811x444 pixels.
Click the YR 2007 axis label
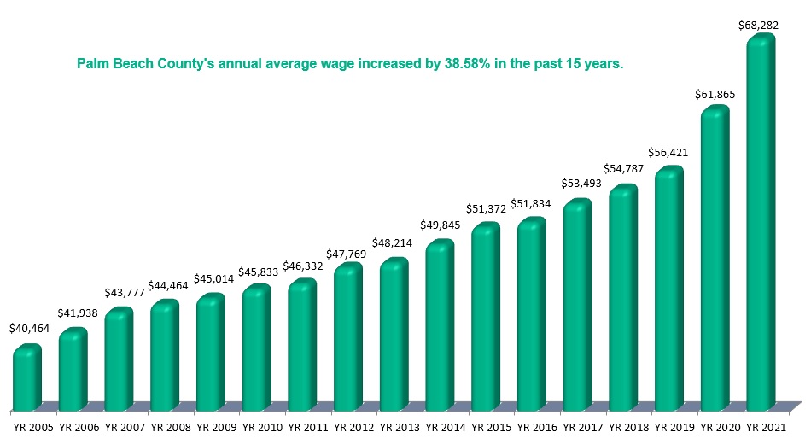pyautogui.click(x=120, y=425)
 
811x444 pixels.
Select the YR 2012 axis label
pyautogui.click(x=347, y=425)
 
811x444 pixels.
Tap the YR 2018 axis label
pyautogui.click(x=623, y=425)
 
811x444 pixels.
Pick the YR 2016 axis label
pyautogui.click(x=532, y=425)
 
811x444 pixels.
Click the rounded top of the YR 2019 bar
pyautogui.click(x=669, y=174)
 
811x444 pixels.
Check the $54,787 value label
pyautogui.click(x=621, y=168)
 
